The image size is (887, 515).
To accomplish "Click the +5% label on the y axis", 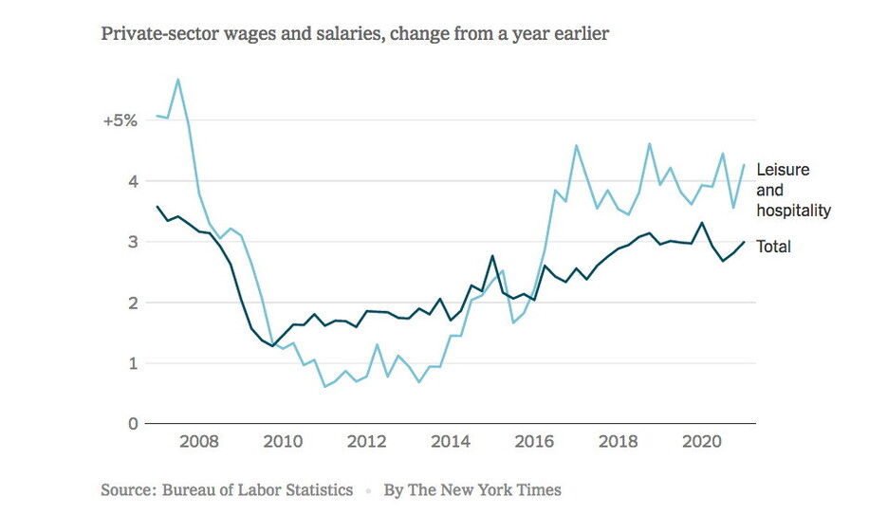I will click(x=120, y=120).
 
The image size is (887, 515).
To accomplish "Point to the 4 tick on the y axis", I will click(x=132, y=181).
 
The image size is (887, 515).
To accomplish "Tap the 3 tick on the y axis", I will click(x=132, y=242).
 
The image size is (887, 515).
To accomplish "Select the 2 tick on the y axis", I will click(x=132, y=303).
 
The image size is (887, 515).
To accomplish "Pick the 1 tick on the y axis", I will click(x=132, y=363).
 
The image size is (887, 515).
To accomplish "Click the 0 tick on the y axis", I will click(x=132, y=424).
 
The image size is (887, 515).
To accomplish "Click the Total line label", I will click(x=773, y=247).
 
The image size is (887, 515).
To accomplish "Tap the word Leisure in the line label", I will click(x=783, y=171).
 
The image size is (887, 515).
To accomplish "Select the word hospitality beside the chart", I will click(x=793, y=211).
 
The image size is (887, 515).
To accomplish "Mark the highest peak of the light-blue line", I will click(x=178, y=80).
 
